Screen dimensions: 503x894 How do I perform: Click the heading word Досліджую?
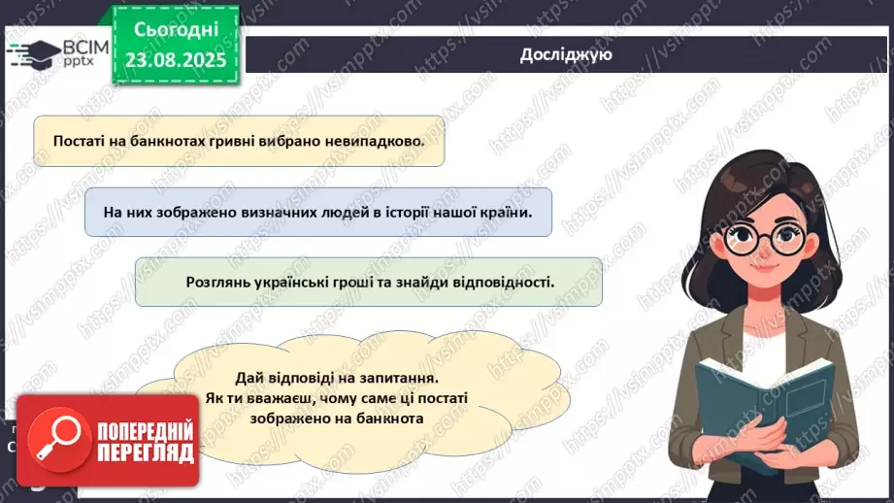(565, 54)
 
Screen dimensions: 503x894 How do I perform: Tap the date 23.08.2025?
(174, 59)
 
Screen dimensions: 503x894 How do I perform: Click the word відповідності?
(507, 283)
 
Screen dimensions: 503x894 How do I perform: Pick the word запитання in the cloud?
(398, 379)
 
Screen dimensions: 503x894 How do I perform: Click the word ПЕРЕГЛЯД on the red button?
(146, 453)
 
